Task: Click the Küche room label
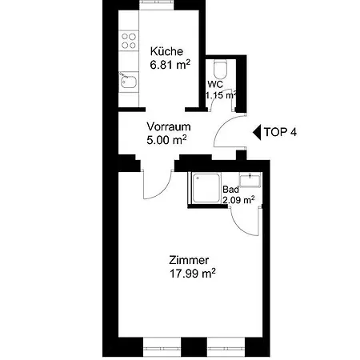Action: pyautogui.click(x=166, y=51)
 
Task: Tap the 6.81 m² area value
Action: pyautogui.click(x=170, y=65)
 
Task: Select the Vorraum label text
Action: pyautogui.click(x=169, y=126)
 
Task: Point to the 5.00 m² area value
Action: pyautogui.click(x=166, y=140)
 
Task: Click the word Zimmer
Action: pyautogui.click(x=189, y=260)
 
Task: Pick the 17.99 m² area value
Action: pyautogui.click(x=193, y=274)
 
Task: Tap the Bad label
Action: pyautogui.click(x=230, y=190)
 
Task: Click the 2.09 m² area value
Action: pyautogui.click(x=238, y=200)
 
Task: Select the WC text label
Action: pyautogui.click(x=215, y=85)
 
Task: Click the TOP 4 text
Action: pyautogui.click(x=280, y=132)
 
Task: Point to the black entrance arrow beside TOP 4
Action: pyautogui.click(x=257, y=132)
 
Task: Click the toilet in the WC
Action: pyautogui.click(x=220, y=68)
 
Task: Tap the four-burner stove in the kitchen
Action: pyautogui.click(x=129, y=41)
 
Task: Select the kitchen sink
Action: pyautogui.click(x=129, y=82)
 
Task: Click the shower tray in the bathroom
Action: pyautogui.click(x=206, y=188)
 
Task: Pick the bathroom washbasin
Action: pyautogui.click(x=250, y=180)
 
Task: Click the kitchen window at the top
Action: pyautogui.click(x=157, y=5)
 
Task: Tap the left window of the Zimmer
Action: pyautogui.click(x=162, y=347)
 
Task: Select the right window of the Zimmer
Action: pyautogui.click(x=226, y=347)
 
